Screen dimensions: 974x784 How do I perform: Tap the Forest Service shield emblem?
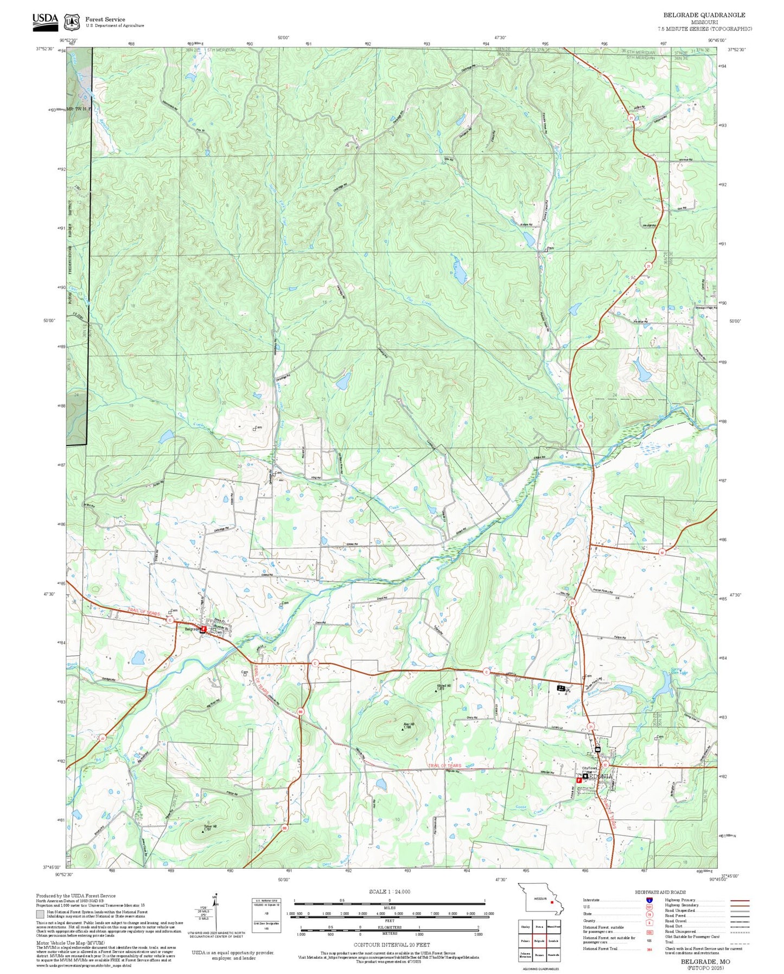click(x=71, y=22)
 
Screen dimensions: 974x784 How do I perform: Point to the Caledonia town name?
click(x=600, y=776)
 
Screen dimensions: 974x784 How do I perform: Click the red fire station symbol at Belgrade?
click(x=203, y=629)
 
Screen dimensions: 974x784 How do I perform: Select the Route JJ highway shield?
click(x=103, y=737)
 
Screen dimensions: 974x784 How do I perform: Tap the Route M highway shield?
click(x=662, y=552)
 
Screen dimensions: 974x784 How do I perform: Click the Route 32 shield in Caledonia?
click(x=605, y=764)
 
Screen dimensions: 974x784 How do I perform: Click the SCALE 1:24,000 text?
click(x=389, y=891)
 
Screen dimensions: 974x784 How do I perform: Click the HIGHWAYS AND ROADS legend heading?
click(x=660, y=891)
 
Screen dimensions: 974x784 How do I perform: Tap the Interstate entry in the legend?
click(x=591, y=900)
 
